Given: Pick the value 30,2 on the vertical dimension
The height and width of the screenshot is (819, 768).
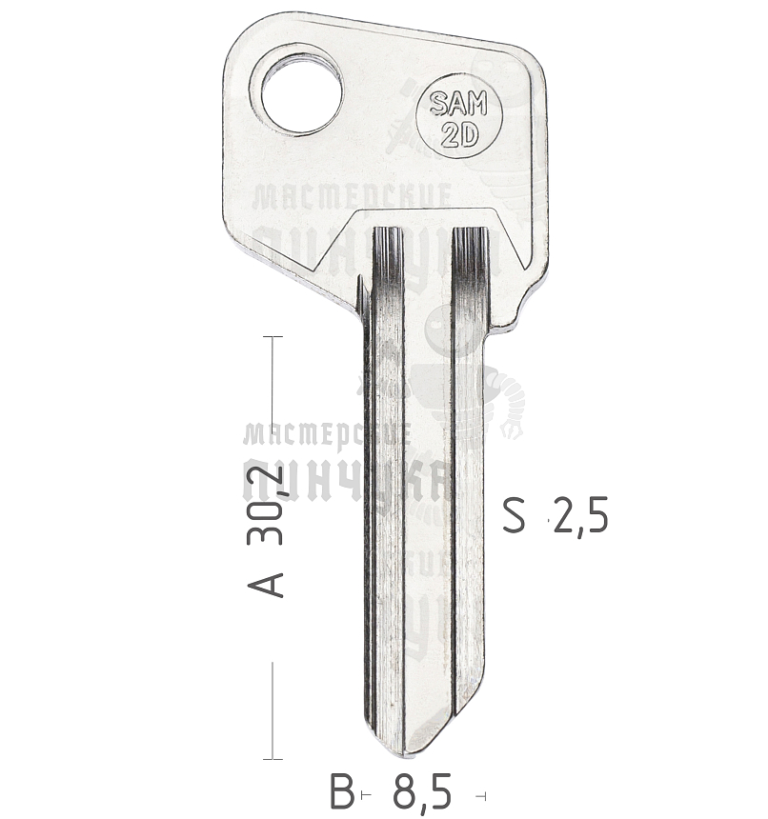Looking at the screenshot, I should pos(267,507).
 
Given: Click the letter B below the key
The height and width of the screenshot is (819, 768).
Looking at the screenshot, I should pos(341,793).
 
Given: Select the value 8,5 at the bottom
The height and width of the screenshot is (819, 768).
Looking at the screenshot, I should pos(420,793).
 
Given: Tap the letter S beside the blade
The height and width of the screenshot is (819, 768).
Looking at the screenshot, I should pos(515,515).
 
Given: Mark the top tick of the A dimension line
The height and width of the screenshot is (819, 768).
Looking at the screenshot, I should pos(273,337).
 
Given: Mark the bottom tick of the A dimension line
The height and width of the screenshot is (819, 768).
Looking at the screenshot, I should pos(273,759).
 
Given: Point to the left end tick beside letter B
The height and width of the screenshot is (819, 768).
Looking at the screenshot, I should pos(364,795).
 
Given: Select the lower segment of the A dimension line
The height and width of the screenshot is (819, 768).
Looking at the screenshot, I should pos(273,709).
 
